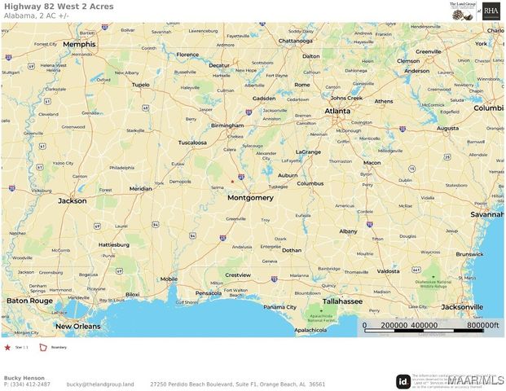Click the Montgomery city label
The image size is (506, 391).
(x=250, y=197)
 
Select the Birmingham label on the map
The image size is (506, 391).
(x=226, y=125)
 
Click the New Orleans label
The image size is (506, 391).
(x=77, y=326)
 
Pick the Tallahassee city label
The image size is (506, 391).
(x=341, y=301)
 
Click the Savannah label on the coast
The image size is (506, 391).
(x=486, y=214)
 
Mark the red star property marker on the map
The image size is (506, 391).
(x=232, y=181)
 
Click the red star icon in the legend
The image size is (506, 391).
(x=8, y=347)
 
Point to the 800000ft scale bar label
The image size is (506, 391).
(x=476, y=325)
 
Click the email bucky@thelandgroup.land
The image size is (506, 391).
(x=100, y=384)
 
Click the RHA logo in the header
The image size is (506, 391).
(x=491, y=10)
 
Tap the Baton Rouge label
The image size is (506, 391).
(x=29, y=301)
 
